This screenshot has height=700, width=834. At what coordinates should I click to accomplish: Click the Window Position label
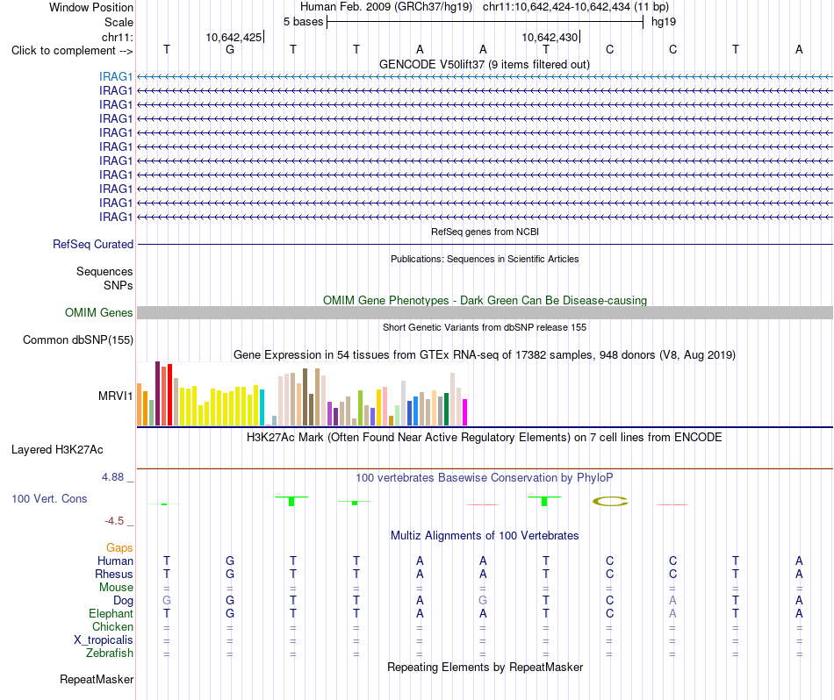tap(91, 7)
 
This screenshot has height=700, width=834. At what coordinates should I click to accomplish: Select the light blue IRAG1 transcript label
tap(115, 76)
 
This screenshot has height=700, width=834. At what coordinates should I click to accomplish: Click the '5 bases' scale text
tap(303, 22)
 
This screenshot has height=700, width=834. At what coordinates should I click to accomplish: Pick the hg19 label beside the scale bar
tap(664, 22)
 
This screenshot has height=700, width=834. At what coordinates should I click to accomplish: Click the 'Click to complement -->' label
tap(72, 51)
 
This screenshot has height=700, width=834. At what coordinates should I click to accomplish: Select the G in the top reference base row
tap(230, 49)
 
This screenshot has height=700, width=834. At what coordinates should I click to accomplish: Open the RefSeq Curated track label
tap(93, 245)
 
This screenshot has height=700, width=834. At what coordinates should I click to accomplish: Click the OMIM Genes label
tap(99, 312)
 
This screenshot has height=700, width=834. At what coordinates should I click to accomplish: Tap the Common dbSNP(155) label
tap(78, 340)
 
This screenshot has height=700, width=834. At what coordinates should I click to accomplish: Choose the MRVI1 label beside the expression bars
tap(115, 396)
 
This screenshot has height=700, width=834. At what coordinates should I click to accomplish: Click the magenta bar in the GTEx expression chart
tap(465, 412)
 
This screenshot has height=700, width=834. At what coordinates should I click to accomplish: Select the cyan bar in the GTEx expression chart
tap(262, 408)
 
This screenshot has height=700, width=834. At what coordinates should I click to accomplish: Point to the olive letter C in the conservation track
tap(610, 501)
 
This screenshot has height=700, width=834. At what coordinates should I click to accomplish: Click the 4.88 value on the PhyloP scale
tap(112, 477)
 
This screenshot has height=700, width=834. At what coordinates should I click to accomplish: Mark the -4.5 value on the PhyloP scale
tap(114, 521)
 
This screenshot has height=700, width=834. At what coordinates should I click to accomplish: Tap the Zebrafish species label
tap(110, 654)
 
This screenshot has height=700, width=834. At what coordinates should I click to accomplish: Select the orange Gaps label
tap(119, 548)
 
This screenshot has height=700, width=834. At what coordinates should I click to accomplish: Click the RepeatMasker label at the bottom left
tap(97, 680)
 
